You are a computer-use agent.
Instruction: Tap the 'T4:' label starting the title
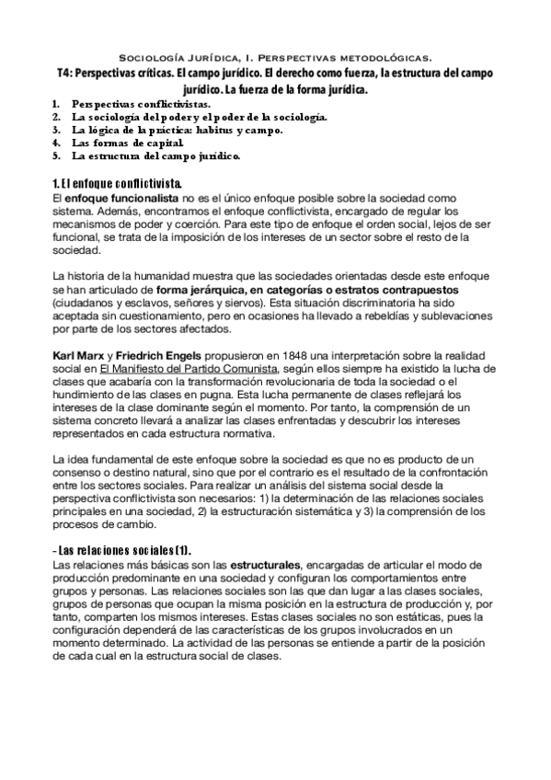pyautogui.click(x=65, y=73)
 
